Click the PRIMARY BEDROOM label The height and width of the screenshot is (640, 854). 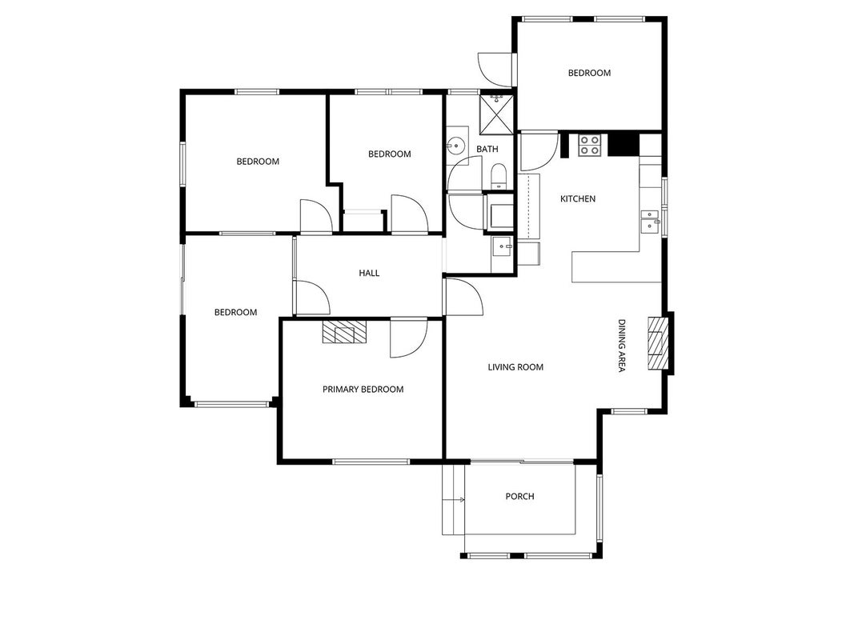363,390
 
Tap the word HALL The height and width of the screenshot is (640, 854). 369,273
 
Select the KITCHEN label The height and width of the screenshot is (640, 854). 578,199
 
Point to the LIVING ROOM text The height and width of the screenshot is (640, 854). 515,367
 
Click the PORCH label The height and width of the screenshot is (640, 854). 519,496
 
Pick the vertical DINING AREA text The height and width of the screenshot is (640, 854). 621,346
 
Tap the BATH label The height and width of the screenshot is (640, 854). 487,149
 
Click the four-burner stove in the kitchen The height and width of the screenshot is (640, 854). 589,146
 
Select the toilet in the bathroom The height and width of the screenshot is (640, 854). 499,177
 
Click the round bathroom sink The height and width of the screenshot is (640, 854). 455,146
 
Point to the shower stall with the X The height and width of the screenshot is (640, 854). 496,114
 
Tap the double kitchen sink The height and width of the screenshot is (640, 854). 649,222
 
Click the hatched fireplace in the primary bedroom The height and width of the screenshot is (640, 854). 345,331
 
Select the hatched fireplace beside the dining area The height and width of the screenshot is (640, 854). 657,343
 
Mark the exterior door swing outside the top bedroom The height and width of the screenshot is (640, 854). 495,70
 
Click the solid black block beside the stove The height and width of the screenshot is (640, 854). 623,145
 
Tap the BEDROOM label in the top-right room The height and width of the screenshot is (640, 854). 589,73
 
